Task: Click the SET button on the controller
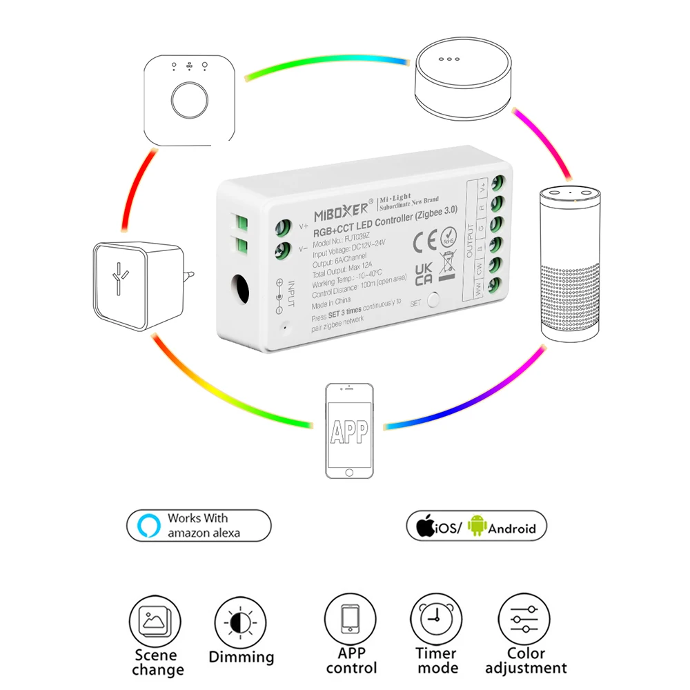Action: tap(433, 299)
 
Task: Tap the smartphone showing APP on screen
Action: tap(349, 431)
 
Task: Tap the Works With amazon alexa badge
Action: tap(199, 526)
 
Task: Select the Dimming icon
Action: tap(241, 623)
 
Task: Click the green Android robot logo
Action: tap(477, 527)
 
